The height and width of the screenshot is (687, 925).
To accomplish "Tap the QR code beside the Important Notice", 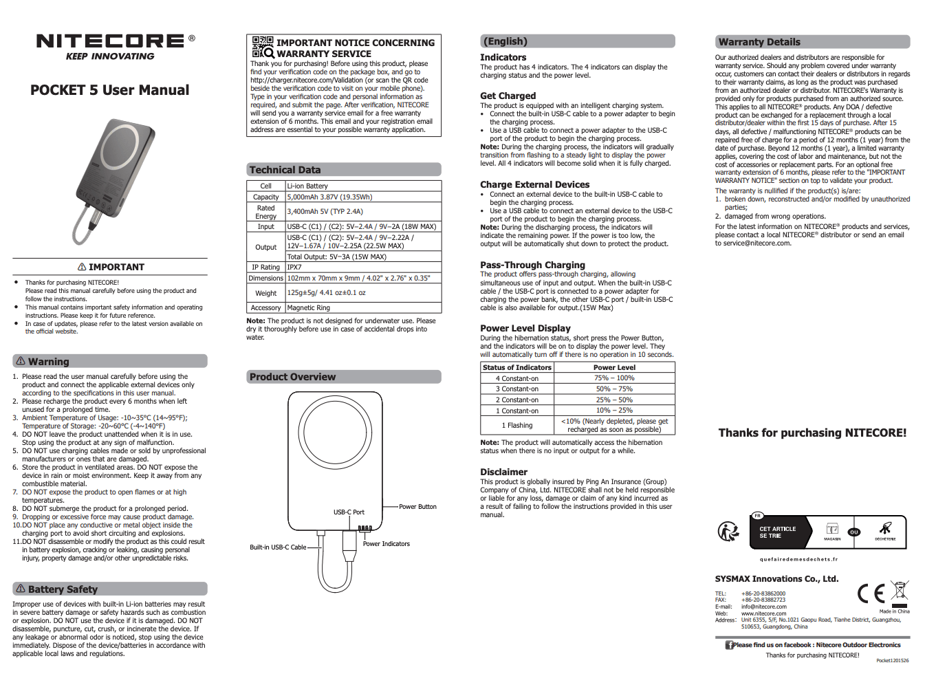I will click(262, 47).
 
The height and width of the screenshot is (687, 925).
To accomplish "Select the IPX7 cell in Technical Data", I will click(294, 268).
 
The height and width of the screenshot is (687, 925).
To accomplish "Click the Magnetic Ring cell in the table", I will click(308, 308).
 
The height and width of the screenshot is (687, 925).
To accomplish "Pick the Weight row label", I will click(265, 293).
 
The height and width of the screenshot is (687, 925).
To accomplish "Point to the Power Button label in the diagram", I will click(417, 507).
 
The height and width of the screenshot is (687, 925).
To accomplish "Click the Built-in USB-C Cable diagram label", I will click(278, 547).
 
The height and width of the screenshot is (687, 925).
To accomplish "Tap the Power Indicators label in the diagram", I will click(386, 544).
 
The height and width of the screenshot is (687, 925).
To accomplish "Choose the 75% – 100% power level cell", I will click(614, 378).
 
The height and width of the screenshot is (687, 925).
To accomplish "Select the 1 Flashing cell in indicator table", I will click(516, 426).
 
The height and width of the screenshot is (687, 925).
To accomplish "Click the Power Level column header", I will click(614, 367).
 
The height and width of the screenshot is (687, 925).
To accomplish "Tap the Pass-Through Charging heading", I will click(532, 265).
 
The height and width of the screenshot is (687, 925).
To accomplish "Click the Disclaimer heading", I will click(503, 472).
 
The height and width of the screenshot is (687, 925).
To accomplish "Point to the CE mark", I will click(871, 593).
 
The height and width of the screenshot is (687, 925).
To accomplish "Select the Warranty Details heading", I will click(759, 42).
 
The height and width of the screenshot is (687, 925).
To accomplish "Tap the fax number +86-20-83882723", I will click(763, 600).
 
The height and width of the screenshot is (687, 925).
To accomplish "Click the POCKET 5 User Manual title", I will click(109, 90).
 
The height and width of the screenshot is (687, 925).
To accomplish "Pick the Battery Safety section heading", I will click(63, 589).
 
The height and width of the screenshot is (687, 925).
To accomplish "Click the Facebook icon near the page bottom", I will click(729, 645).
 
